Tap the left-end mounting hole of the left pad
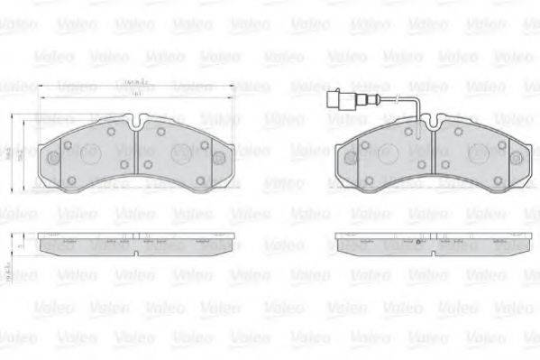pyautogui.click(x=52, y=158)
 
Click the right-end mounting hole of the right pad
pyautogui.click(x=515, y=157)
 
